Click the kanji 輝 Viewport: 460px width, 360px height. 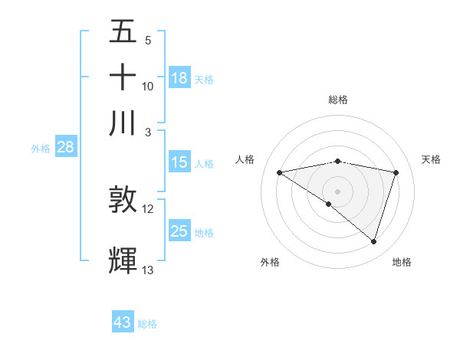(123, 261)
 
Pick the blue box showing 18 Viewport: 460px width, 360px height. (179, 78)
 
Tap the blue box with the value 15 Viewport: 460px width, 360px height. (179, 162)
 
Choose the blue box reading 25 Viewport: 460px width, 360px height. (179, 231)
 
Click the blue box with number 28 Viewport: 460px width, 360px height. (65, 148)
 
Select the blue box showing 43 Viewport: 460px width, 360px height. (123, 322)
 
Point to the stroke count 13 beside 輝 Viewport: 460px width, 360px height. (148, 270)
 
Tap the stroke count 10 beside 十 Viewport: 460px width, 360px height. (148, 86)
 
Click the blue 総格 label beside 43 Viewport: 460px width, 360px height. (147, 324)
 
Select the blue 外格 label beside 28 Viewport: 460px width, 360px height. (41, 149)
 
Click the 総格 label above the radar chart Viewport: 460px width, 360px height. (337, 100)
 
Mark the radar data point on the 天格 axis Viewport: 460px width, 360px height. (396, 172)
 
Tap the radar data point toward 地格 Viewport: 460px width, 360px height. (374, 242)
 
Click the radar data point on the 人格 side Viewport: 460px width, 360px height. (280, 172)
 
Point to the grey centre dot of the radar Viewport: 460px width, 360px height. (337, 191)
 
